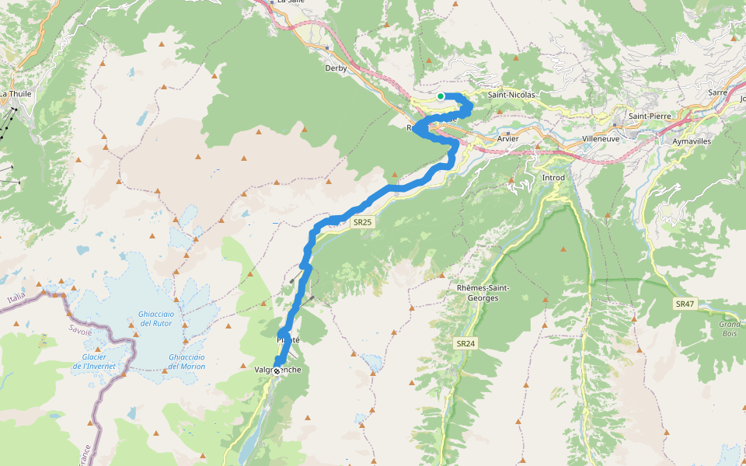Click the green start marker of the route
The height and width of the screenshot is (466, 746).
(441, 96)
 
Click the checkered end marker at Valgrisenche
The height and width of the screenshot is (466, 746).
(276, 371)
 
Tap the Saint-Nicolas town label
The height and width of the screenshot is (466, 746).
(511, 95)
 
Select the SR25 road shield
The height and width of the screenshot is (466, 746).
(363, 222)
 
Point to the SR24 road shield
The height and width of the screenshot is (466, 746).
(465, 343)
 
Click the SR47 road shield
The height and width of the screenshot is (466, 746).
(684, 304)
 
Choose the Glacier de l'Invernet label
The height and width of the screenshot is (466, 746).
(93, 361)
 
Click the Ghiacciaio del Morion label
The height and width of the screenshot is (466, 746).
(186, 361)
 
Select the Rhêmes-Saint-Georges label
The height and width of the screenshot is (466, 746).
(483, 292)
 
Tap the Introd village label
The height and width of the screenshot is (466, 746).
(553, 178)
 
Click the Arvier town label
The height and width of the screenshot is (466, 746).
(507, 138)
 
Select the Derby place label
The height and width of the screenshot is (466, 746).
(335, 68)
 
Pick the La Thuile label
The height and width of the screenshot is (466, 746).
(14, 94)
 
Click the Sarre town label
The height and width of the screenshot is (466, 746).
(717, 92)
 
